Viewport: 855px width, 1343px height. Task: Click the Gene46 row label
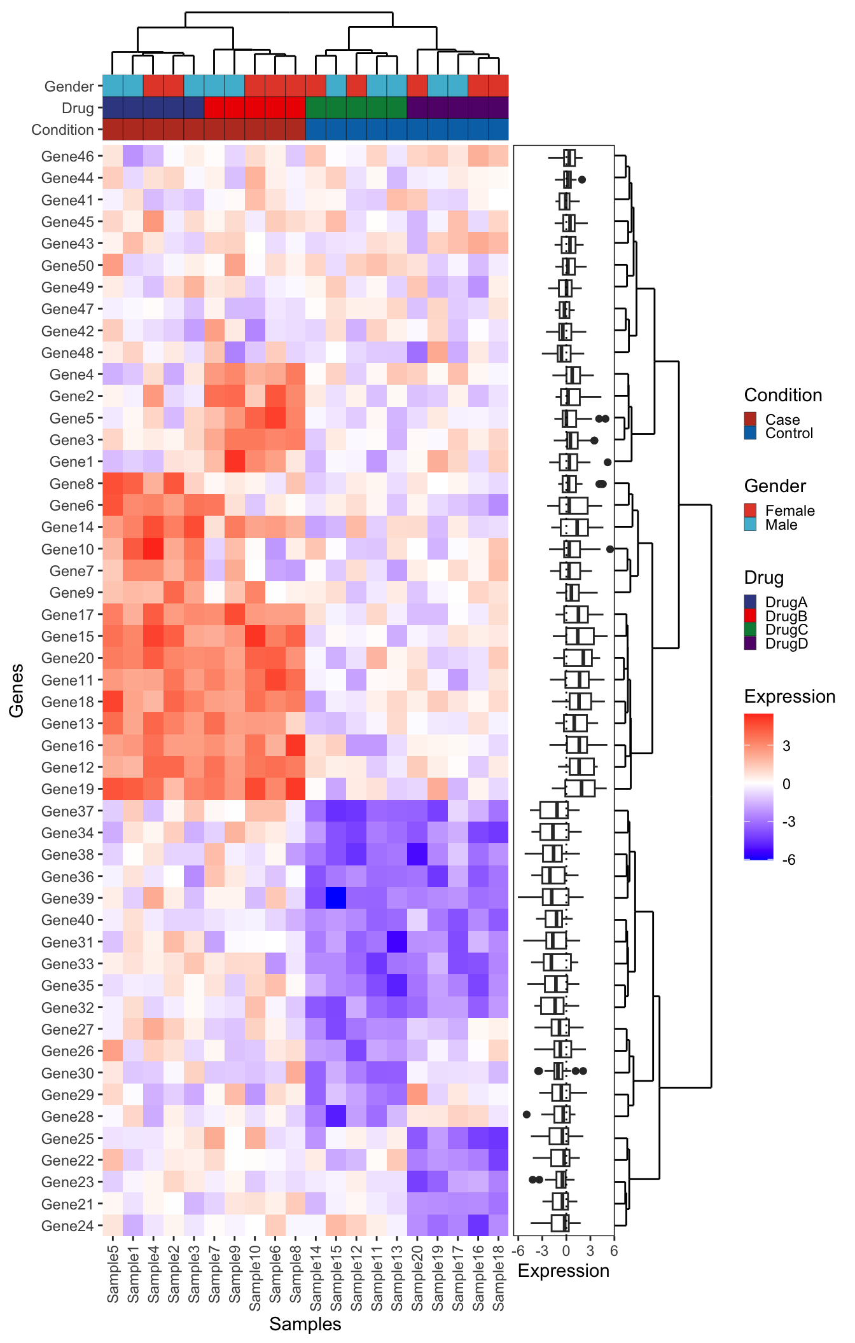67,156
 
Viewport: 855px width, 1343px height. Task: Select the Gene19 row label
67,789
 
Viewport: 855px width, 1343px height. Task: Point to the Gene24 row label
67,1225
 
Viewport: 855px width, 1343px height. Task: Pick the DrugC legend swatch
751,630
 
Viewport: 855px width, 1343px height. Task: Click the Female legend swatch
751,511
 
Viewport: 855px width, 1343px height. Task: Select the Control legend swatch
751,433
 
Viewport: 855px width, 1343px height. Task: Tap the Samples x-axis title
305,1324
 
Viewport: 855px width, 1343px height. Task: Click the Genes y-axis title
17,691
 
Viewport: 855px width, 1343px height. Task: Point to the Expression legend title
789,697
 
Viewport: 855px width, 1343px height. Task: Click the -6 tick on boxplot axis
518,1251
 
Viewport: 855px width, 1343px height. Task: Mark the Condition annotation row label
62,130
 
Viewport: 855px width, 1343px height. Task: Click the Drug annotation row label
78,108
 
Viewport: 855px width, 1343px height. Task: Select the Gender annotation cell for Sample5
113,86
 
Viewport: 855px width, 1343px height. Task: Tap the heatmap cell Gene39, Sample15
336,899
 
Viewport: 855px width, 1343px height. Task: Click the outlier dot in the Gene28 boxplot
526,1114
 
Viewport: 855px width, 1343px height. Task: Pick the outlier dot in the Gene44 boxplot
581,180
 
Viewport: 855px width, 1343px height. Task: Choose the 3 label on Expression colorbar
786,746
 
